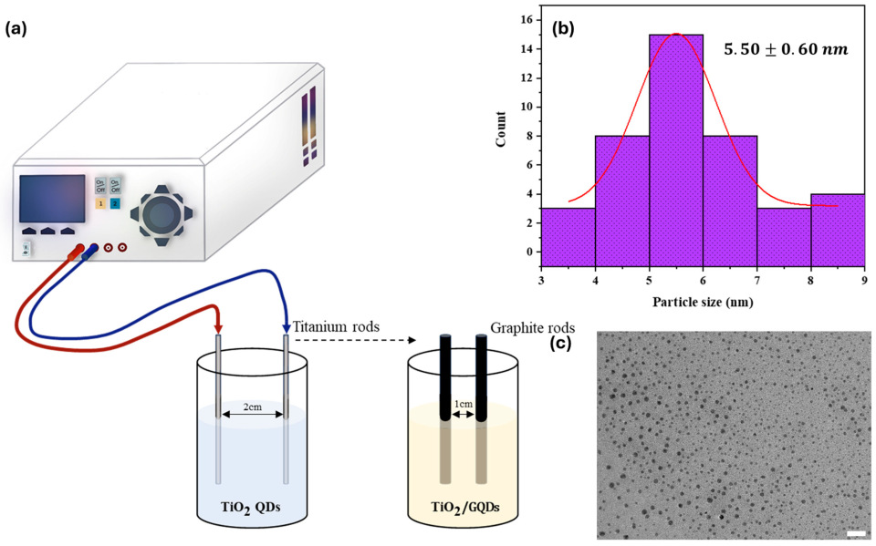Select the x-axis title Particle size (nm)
tap(703, 302)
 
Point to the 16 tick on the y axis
tap(527, 18)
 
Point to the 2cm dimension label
tap(252, 408)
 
